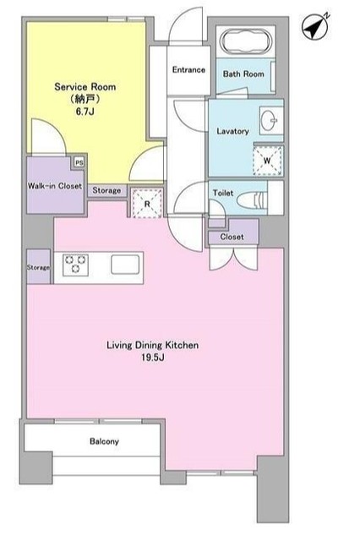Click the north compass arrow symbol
[314, 26]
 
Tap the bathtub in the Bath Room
[245, 42]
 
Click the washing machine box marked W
[268, 161]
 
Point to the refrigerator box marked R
[147, 204]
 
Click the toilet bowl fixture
[253, 199]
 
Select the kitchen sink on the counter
[125, 265]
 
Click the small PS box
[79, 162]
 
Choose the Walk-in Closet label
[54, 186]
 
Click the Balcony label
[104, 441]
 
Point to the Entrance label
[188, 69]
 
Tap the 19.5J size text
[152, 358]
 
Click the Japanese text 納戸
[85, 99]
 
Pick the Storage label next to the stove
[38, 267]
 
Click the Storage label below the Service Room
[106, 190]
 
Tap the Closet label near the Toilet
[232, 237]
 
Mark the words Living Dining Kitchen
[152, 346]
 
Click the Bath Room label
[243, 74]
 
